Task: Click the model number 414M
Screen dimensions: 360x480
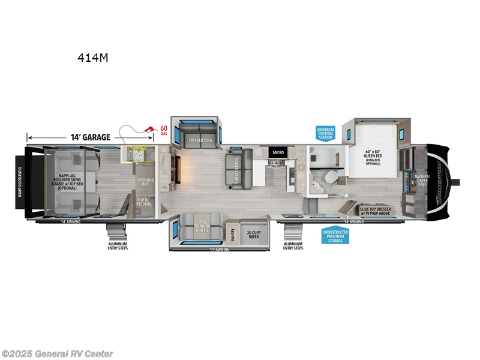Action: pos(92,58)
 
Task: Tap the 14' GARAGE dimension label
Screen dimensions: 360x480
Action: pos(88,137)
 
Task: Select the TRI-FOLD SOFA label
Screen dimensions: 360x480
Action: pos(200,140)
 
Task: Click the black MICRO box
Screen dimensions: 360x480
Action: pos(277,152)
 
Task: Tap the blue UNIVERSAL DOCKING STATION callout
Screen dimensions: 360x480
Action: pos(326,133)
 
